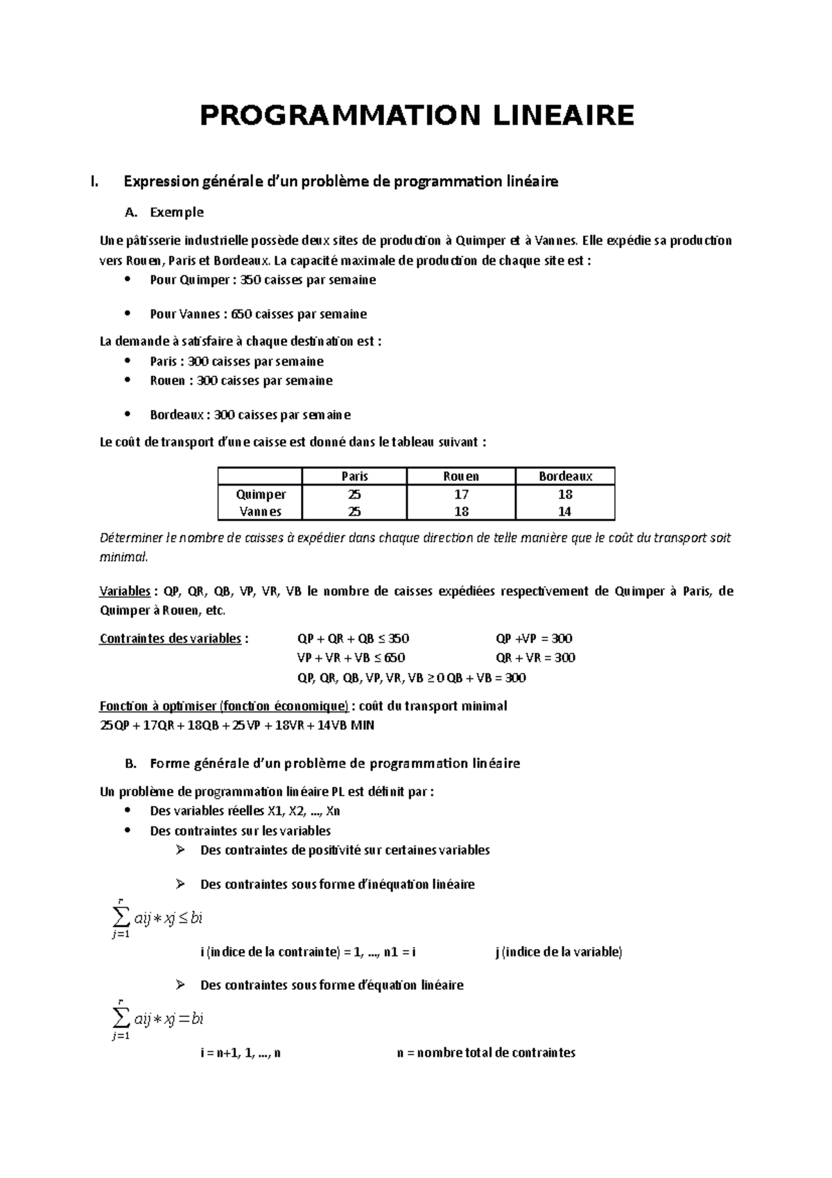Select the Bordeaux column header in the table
(x=565, y=476)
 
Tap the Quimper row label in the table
(x=261, y=494)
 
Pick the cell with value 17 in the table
(x=461, y=494)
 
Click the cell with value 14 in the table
(x=565, y=511)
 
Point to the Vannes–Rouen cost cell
(x=461, y=511)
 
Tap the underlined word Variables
(x=125, y=591)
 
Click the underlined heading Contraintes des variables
(x=171, y=638)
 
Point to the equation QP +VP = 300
(x=534, y=638)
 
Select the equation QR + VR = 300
(x=535, y=658)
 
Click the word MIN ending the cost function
(x=362, y=726)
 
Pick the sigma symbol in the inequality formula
(x=120, y=917)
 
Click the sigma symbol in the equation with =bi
(x=120, y=1018)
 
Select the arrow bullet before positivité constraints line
(x=181, y=850)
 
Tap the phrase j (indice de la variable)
(x=559, y=952)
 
